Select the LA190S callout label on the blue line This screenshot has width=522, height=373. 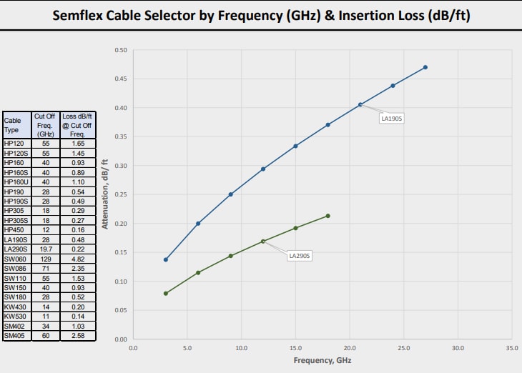point(392,119)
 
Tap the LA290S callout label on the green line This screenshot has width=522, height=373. point(300,255)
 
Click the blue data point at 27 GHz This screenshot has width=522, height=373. point(425,67)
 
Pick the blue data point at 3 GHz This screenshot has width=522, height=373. point(166,259)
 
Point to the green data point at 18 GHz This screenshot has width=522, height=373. point(328,216)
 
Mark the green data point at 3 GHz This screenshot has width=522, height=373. point(166,293)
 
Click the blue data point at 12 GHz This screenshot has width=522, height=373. point(263,169)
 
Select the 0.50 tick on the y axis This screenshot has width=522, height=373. point(121,50)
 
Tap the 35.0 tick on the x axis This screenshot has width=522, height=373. point(512,349)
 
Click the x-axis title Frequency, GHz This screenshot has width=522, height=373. point(322,361)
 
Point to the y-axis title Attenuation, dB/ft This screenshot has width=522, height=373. point(105,194)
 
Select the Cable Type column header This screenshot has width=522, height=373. point(16,125)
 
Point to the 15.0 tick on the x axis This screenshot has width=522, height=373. point(295,349)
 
